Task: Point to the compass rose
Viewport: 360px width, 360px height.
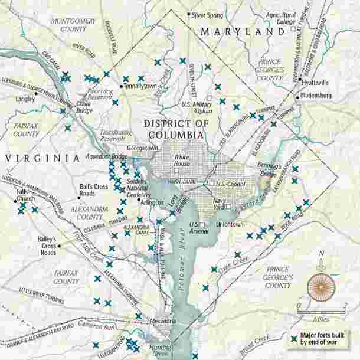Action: coord(321,286)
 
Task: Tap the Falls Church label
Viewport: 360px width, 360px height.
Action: coord(22,195)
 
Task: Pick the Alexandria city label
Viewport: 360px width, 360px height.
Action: coord(163,321)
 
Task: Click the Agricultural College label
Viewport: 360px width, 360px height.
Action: coord(280,18)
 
